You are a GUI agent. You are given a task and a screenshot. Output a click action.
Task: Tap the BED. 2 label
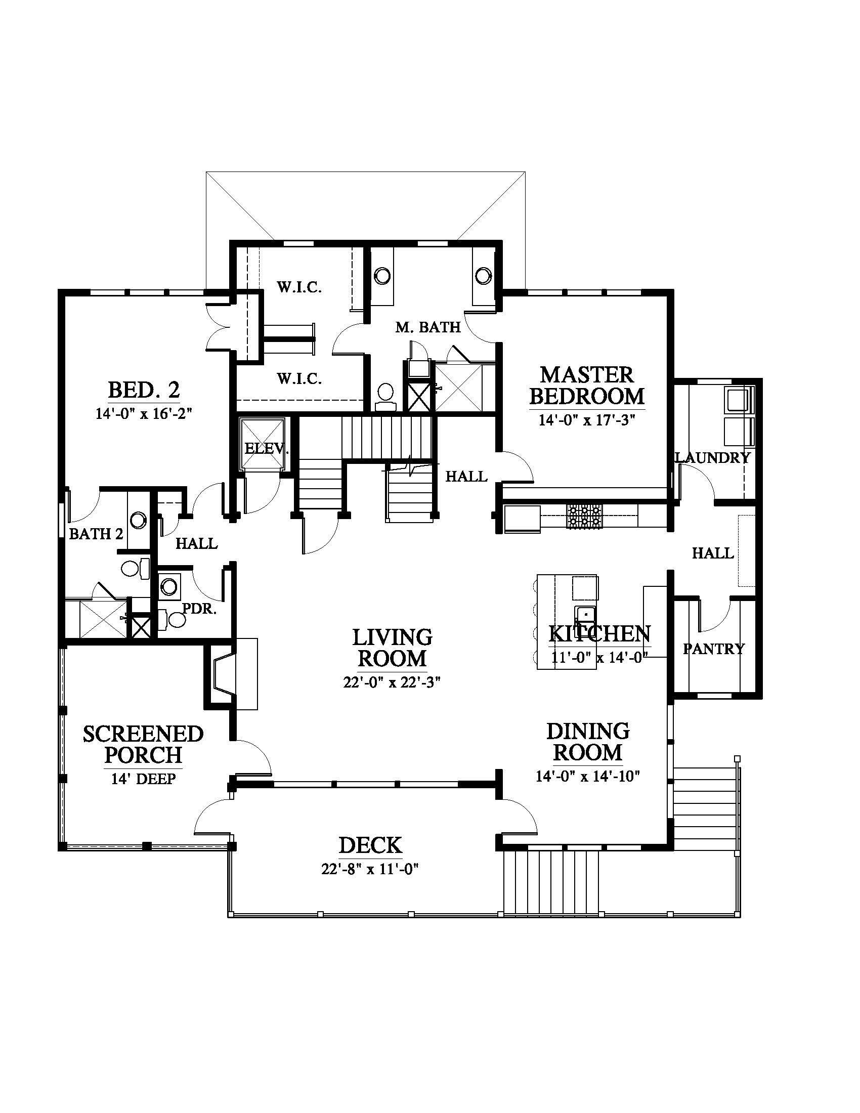click(144, 391)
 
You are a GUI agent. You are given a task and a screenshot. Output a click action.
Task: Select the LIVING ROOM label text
click(392, 648)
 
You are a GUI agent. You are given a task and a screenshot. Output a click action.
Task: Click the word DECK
click(370, 845)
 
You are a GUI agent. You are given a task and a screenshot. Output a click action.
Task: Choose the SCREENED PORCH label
click(143, 745)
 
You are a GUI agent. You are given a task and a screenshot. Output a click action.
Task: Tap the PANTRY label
click(713, 649)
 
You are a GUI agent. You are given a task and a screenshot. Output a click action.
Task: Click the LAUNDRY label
click(713, 458)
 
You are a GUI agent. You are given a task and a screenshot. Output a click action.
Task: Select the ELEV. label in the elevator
click(267, 449)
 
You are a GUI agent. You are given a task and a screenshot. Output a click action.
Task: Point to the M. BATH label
click(428, 327)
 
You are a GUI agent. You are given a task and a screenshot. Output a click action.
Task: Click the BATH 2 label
click(96, 534)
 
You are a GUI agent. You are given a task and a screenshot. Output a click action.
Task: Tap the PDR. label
click(200, 609)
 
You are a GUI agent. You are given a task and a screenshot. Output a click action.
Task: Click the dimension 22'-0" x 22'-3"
click(391, 682)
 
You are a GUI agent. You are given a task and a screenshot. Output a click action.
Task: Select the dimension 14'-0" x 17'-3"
click(587, 420)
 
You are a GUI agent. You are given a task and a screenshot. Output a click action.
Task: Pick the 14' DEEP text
click(143, 779)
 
